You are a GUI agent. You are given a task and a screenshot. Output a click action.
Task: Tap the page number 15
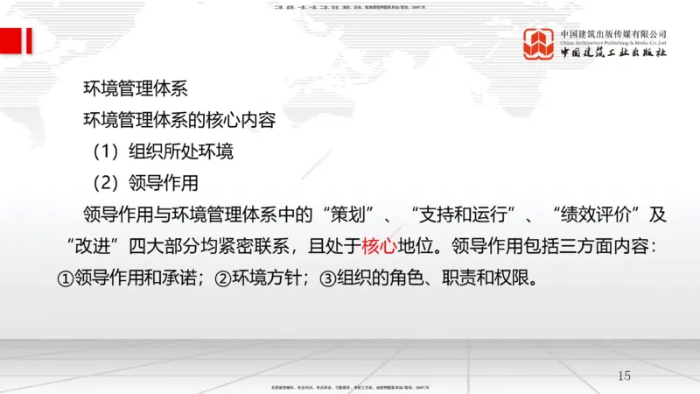(x=624, y=376)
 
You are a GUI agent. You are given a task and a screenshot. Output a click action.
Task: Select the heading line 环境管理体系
(x=135, y=88)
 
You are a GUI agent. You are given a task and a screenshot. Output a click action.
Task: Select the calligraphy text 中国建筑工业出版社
(x=613, y=52)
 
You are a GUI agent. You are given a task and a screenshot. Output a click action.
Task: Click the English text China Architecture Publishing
(x=613, y=41)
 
